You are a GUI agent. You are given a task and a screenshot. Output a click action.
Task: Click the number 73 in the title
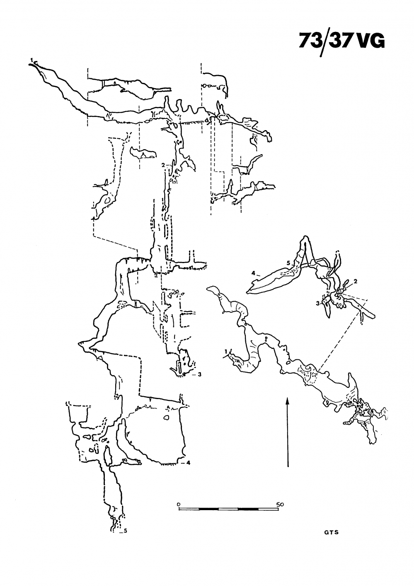point(310,41)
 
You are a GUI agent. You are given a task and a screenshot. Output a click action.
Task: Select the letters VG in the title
point(370,41)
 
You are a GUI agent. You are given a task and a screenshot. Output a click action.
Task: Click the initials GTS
point(332,533)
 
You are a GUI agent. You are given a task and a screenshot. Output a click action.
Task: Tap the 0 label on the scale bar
point(178,504)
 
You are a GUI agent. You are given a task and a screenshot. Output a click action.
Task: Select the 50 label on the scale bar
point(280,504)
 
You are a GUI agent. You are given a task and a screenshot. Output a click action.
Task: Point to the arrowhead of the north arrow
point(287,400)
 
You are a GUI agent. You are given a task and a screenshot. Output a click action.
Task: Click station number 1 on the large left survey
point(31,61)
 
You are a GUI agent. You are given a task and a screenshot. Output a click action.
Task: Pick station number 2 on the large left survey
point(164,165)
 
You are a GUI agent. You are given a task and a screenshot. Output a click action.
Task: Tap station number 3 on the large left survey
point(199,374)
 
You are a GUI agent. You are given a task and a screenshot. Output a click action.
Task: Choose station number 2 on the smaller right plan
point(356,281)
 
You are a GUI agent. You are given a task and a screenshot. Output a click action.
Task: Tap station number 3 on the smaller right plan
point(317,303)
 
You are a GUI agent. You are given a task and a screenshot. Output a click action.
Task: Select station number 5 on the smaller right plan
point(288,263)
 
